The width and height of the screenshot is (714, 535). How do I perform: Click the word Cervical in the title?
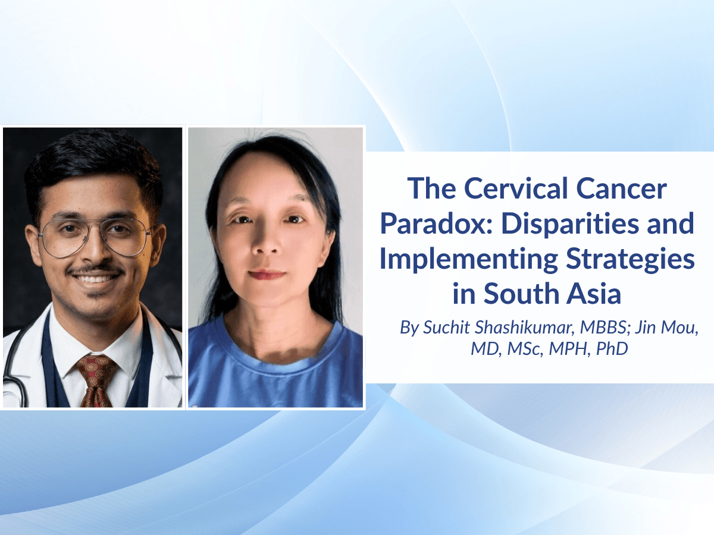click(x=516, y=188)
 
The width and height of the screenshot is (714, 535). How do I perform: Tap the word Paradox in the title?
click(x=433, y=224)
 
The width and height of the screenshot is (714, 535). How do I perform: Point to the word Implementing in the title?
click(x=469, y=260)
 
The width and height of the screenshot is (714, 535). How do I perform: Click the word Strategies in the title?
click(x=630, y=260)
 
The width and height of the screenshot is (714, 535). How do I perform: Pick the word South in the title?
click(x=521, y=294)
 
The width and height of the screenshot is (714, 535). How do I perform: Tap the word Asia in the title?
click(x=594, y=294)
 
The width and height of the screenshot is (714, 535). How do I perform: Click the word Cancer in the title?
click(x=621, y=188)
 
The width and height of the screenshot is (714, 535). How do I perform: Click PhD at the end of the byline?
click(x=612, y=348)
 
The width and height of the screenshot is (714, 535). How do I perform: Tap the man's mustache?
click(x=95, y=269)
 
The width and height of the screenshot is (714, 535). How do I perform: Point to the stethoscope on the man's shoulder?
click(x=16, y=361)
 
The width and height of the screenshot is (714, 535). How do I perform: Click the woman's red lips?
click(x=267, y=275)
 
